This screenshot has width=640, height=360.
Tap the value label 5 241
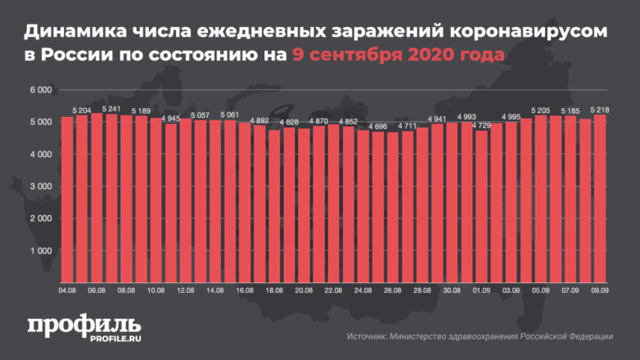[111, 108]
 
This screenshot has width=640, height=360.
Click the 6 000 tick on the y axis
[41, 90]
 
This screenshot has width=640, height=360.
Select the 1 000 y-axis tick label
[41, 251]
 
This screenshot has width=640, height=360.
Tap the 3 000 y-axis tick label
[41, 187]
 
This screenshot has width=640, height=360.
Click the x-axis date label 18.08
[274, 290]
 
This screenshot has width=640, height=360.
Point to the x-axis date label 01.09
[482, 290]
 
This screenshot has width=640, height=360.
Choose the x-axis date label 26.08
[393, 290]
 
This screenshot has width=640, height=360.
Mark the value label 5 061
[229, 115]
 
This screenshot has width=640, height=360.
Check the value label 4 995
[512, 117]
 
